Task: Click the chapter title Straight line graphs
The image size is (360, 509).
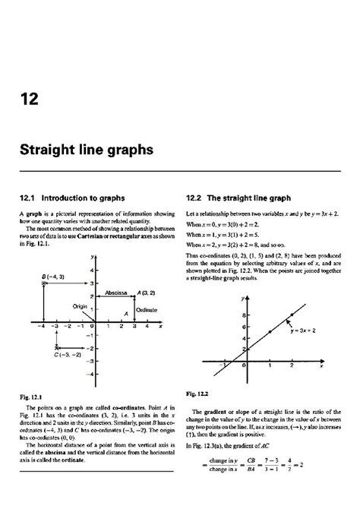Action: (x=89, y=150)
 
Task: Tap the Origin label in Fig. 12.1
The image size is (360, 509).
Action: (x=81, y=305)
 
